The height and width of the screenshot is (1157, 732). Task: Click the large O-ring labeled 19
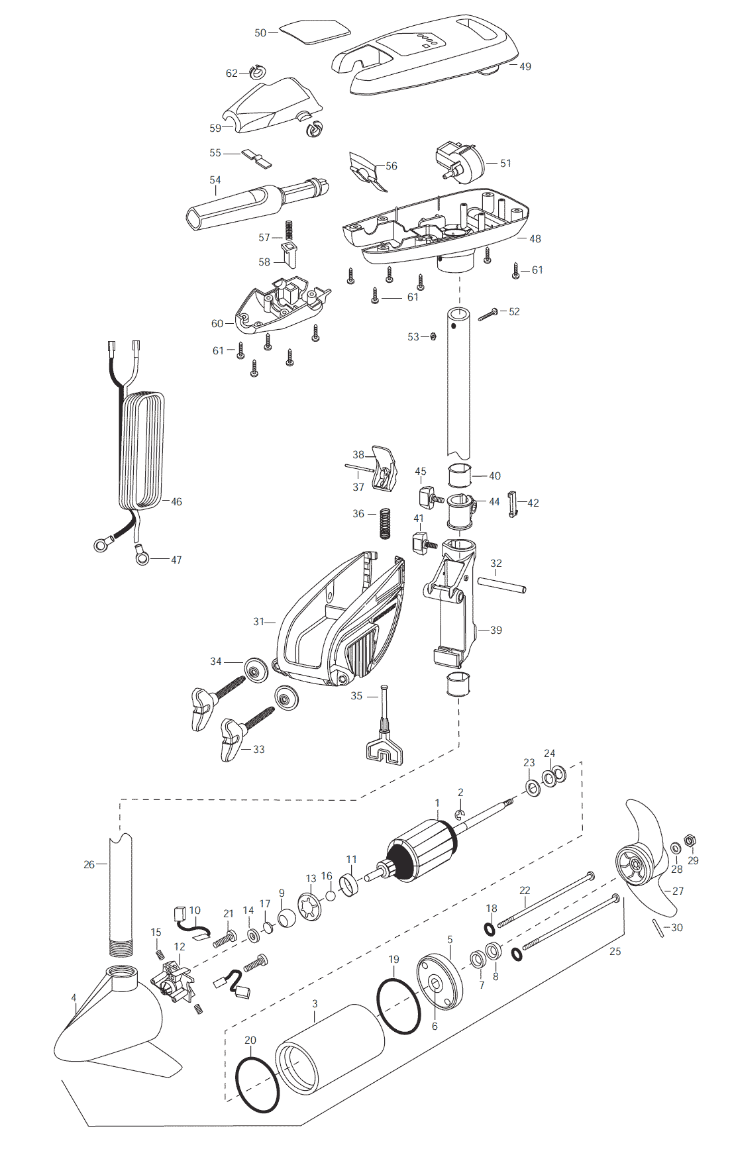click(x=399, y=1005)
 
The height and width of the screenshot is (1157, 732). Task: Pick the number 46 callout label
click(x=176, y=501)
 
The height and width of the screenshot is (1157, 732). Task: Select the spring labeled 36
click(x=384, y=523)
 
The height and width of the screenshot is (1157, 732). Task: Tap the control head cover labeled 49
click(x=424, y=53)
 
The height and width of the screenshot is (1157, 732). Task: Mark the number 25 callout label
click(x=615, y=951)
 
